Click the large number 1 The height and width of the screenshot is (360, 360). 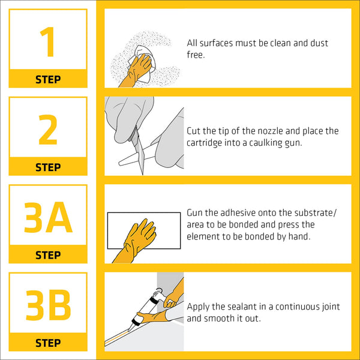(x=47, y=42)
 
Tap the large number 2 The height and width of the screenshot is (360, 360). (x=47, y=130)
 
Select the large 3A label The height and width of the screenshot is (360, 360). (x=47, y=218)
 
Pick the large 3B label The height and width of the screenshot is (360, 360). (x=47, y=305)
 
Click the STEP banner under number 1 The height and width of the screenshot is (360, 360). (x=47, y=79)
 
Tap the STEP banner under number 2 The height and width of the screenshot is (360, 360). (x=47, y=167)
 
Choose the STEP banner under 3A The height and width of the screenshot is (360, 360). (x=47, y=255)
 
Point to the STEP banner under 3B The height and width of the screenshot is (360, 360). (x=47, y=343)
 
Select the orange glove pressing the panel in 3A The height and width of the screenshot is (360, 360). (x=137, y=239)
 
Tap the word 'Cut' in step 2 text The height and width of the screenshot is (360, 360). (x=194, y=131)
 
